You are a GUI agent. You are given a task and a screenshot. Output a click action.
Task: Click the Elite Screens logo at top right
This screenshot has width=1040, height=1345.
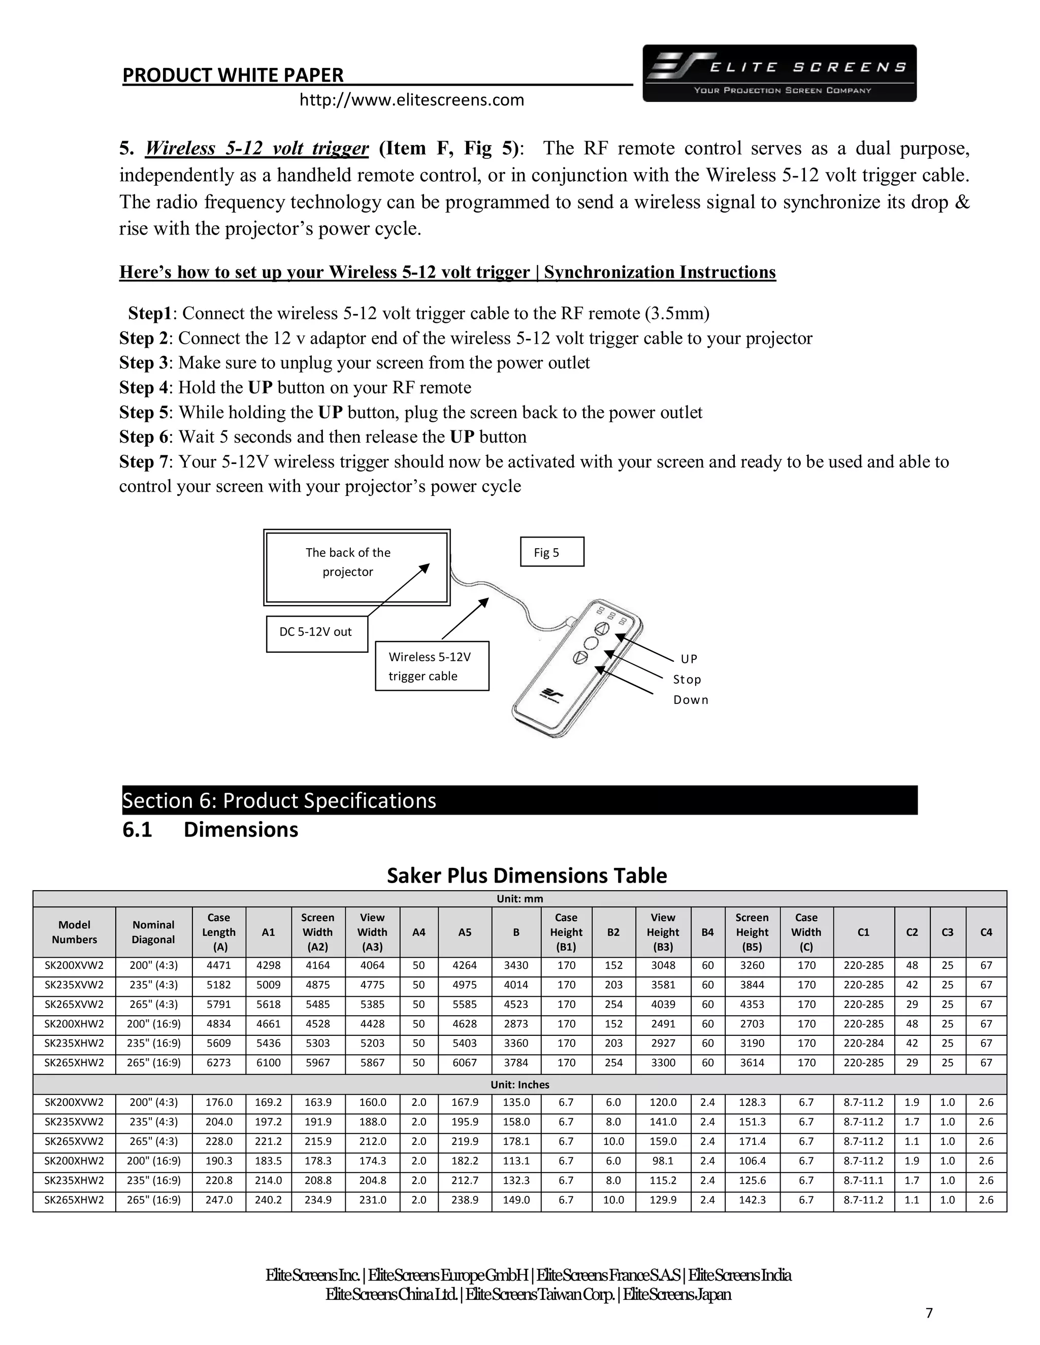click(779, 73)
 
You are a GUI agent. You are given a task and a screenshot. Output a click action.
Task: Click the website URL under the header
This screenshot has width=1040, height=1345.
click(411, 100)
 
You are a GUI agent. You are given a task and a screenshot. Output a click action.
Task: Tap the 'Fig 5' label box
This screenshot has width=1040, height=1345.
click(551, 552)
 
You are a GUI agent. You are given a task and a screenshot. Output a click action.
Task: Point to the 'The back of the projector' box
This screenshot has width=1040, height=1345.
click(356, 567)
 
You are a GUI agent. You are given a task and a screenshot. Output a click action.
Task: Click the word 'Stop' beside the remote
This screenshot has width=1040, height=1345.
click(687, 679)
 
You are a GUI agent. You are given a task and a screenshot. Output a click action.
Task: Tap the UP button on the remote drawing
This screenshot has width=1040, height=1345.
click(602, 629)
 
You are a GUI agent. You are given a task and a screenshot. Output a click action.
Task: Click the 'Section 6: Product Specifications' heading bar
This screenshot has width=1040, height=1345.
click(519, 800)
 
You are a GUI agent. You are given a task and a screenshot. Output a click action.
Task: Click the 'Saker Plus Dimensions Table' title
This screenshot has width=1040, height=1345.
click(527, 875)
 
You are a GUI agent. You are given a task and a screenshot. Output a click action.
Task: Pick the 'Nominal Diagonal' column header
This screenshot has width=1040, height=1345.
click(153, 932)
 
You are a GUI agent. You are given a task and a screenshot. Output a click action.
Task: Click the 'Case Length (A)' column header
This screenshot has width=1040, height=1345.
click(219, 932)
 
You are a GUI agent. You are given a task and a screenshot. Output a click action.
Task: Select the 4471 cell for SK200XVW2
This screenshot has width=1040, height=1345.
click(219, 966)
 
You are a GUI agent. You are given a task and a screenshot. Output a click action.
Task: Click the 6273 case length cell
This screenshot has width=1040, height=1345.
click(219, 1063)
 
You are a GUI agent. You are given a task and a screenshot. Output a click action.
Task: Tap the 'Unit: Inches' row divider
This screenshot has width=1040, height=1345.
click(519, 1085)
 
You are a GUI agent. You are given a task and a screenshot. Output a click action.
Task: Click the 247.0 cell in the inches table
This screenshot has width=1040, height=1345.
click(219, 1200)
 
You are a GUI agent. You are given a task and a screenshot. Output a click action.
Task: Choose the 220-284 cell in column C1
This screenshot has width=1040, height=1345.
click(863, 1043)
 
